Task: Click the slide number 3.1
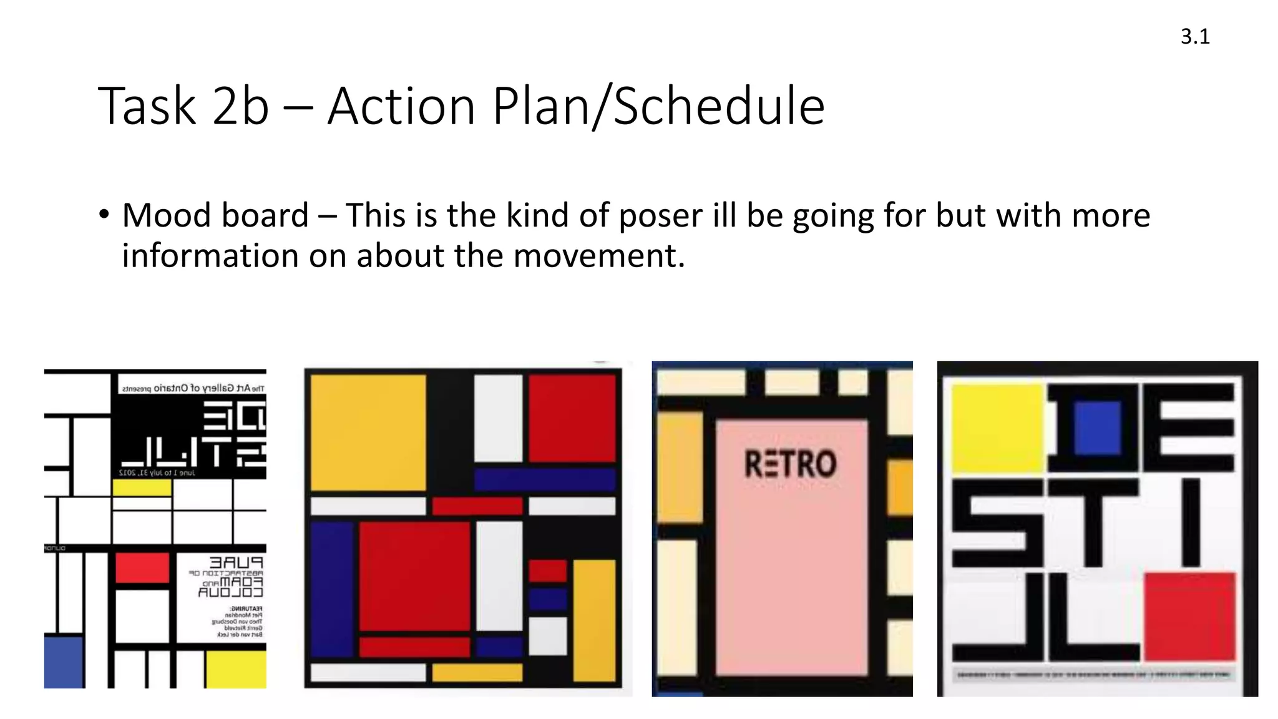click(x=1194, y=37)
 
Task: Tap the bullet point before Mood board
click(x=104, y=215)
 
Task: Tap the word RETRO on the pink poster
click(x=790, y=464)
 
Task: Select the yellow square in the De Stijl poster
click(x=997, y=427)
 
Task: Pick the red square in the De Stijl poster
click(x=1189, y=615)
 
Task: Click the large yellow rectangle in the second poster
click(x=368, y=432)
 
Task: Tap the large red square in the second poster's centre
click(x=414, y=575)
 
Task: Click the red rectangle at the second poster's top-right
click(x=572, y=417)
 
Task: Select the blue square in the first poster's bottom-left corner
click(x=64, y=662)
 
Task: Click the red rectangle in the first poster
click(x=142, y=568)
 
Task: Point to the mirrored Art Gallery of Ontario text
click(x=193, y=388)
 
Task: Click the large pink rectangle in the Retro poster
click(x=791, y=562)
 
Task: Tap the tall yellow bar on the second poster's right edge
click(x=593, y=620)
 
